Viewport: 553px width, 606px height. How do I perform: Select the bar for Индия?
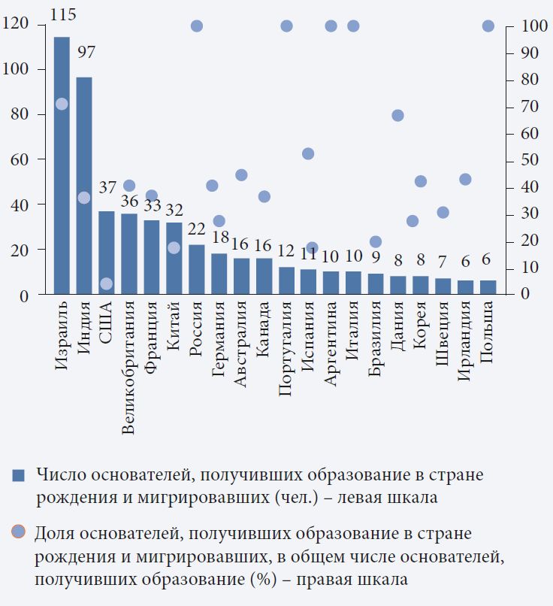pos(84,188)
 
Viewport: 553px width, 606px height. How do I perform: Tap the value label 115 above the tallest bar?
pos(62,14)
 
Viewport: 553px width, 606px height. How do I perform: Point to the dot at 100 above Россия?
pos(197,26)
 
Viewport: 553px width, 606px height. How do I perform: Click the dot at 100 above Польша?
pos(488,26)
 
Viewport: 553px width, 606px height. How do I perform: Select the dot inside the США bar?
pos(107,283)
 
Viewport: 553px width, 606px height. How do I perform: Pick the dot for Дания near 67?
pos(398,115)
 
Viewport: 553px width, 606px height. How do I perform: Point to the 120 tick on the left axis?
pos(15,25)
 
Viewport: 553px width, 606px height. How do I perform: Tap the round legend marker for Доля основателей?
pos(19,532)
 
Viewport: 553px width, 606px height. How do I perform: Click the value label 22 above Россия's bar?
pos(197,229)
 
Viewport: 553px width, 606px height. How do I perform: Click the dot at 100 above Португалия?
pos(286,26)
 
